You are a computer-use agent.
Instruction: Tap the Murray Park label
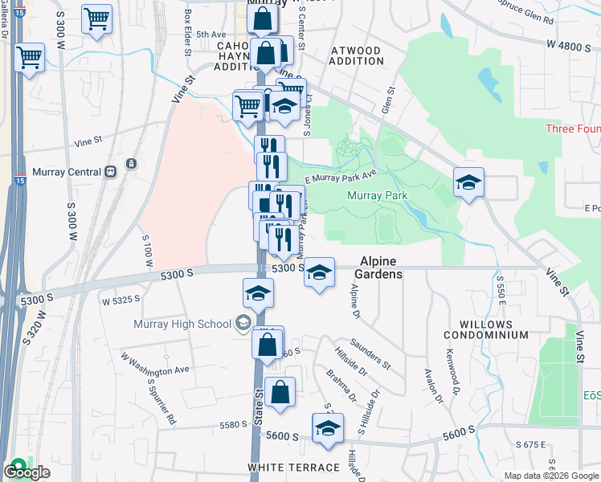click(x=377, y=195)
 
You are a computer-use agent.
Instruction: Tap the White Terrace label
click(x=294, y=468)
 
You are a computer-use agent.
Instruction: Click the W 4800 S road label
click(x=567, y=47)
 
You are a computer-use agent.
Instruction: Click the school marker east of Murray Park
click(x=468, y=182)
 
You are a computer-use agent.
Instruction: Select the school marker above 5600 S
click(x=328, y=428)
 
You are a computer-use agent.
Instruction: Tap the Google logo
click(x=27, y=472)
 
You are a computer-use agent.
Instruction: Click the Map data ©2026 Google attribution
click(x=550, y=476)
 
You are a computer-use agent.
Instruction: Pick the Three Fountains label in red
click(x=572, y=129)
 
